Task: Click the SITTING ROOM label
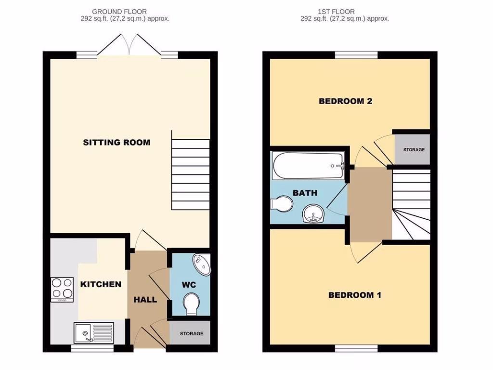(x=117, y=142)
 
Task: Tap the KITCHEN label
(x=101, y=284)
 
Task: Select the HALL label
(x=145, y=300)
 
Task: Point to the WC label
(x=189, y=285)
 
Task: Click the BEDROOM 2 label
(x=346, y=101)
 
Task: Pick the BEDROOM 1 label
(x=354, y=295)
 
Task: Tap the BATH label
(x=305, y=193)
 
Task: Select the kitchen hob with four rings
(x=62, y=289)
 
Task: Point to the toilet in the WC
(x=192, y=304)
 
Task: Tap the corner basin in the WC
(x=202, y=264)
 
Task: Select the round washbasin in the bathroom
(x=313, y=213)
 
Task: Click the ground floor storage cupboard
(x=191, y=333)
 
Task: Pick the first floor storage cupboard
(x=413, y=149)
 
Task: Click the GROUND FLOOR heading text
(x=119, y=12)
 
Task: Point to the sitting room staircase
(x=191, y=174)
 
